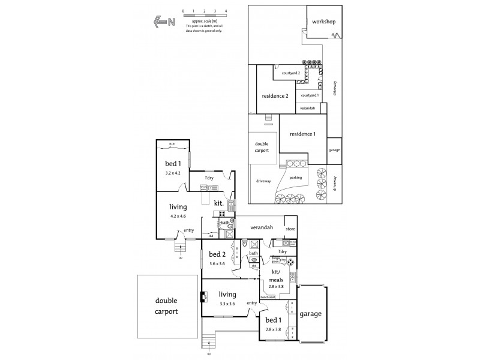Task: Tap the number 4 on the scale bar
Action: tap(226, 11)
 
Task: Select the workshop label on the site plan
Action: tap(323, 22)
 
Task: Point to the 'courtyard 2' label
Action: tap(290, 73)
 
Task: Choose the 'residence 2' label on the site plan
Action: tap(275, 96)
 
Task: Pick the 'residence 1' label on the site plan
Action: tap(302, 134)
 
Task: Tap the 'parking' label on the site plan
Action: tap(295, 178)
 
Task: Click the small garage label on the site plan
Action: tap(333, 149)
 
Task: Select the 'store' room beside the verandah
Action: tap(291, 229)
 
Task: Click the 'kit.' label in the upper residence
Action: tap(218, 203)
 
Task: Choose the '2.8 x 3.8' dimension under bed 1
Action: tap(273, 330)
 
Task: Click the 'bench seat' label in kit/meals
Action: tap(268, 297)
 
